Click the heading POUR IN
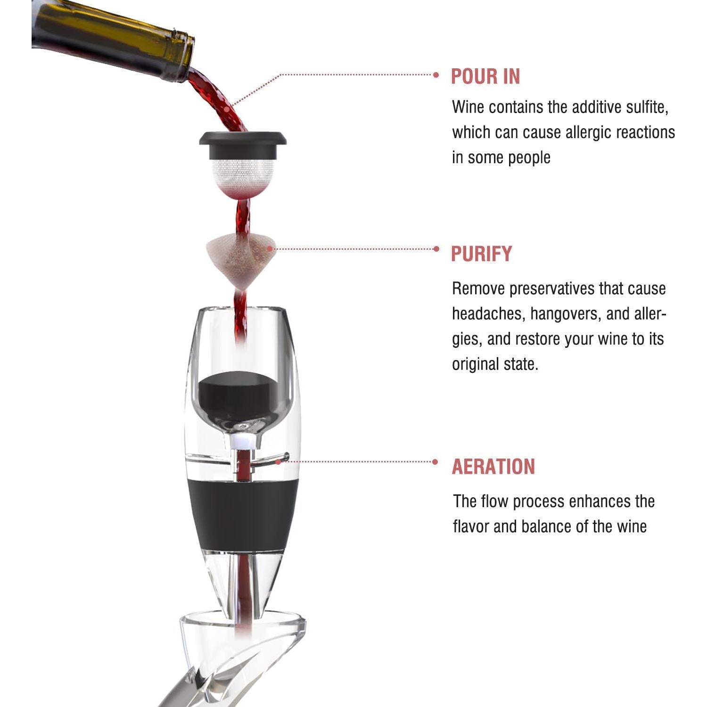pos(485,77)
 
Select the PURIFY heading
pos(481,254)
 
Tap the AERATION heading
pos(493,467)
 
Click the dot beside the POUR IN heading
pos(436,74)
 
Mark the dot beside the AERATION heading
pos(436,462)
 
